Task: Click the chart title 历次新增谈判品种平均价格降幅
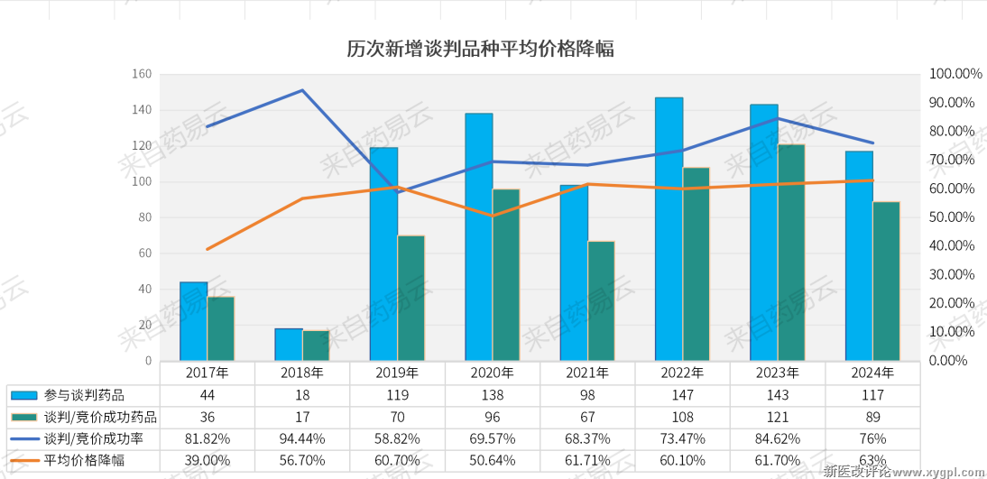(480, 49)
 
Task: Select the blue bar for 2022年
(669, 229)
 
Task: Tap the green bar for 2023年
(791, 253)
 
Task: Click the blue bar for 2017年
(193, 321)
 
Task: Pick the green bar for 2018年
(316, 345)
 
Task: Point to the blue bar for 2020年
(478, 236)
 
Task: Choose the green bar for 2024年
(886, 281)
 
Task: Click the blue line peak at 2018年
(302, 90)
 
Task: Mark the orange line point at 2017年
(208, 249)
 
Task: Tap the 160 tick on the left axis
(142, 74)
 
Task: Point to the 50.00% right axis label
(951, 217)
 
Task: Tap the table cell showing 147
(682, 395)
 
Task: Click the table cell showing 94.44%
(302, 438)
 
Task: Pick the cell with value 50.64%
(493, 460)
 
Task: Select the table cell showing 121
(777, 417)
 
